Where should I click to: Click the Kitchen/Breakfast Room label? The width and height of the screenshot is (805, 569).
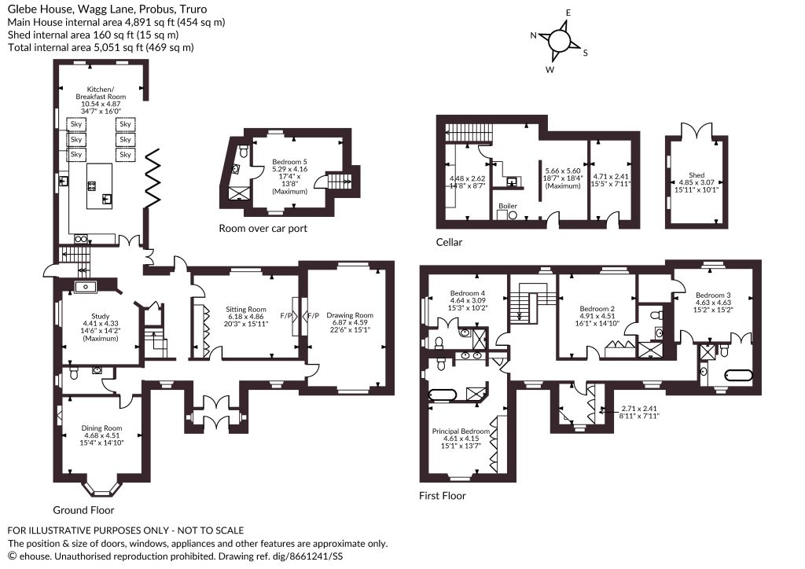pyautogui.click(x=101, y=93)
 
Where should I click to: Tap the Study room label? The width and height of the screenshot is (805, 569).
pyautogui.click(x=101, y=317)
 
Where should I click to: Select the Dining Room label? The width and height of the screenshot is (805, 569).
pyautogui.click(x=101, y=428)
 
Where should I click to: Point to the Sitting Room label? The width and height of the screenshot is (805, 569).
pyautogui.click(x=246, y=310)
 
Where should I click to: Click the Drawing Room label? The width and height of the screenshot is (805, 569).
pyautogui.click(x=350, y=315)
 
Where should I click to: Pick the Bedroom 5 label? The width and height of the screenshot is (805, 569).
pyautogui.click(x=289, y=162)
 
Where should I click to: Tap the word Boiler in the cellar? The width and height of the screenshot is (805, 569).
pyautogui.click(x=508, y=206)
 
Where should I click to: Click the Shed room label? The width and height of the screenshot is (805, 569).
pyautogui.click(x=697, y=175)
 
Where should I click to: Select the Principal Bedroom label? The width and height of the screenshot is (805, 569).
pyautogui.click(x=461, y=431)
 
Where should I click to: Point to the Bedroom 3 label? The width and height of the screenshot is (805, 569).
pyautogui.click(x=713, y=295)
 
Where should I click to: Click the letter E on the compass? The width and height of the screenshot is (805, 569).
pyautogui.click(x=568, y=13)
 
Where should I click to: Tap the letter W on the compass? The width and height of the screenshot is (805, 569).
pyautogui.click(x=550, y=70)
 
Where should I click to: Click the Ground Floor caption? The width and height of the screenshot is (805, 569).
pyautogui.click(x=83, y=510)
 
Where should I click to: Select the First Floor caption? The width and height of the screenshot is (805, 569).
pyautogui.click(x=443, y=496)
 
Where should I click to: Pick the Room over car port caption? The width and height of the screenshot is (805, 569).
pyautogui.click(x=263, y=229)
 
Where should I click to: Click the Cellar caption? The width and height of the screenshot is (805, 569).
pyautogui.click(x=449, y=242)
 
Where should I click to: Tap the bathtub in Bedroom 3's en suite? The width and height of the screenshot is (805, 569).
pyautogui.click(x=738, y=375)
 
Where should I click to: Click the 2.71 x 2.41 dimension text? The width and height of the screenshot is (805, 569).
pyautogui.click(x=639, y=409)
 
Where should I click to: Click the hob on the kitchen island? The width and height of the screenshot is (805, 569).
pyautogui.click(x=93, y=185)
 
